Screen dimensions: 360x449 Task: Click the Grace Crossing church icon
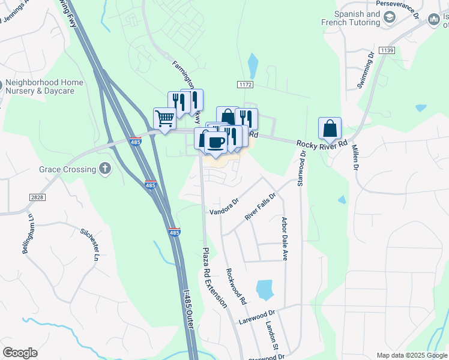click(106, 169)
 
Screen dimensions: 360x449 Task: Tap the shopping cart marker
click(164, 118)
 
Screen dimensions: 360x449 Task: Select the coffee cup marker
click(215, 143)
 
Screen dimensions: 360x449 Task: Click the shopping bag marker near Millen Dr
click(330, 128)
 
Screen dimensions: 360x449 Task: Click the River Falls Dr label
click(261, 205)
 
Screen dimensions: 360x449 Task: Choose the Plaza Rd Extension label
click(214, 278)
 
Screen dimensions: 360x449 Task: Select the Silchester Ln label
click(89, 244)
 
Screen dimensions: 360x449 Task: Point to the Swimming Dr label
click(366, 70)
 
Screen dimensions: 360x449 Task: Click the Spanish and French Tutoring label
click(357, 18)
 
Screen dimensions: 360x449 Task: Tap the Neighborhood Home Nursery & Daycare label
click(39, 86)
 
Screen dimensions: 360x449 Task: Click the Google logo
click(20, 353)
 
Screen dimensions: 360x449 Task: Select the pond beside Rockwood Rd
click(264, 289)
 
